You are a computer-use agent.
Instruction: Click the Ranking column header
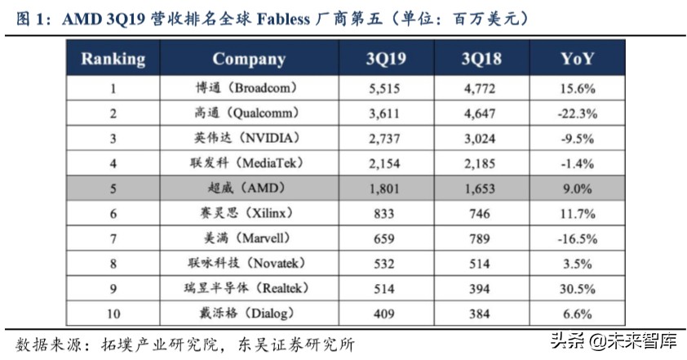click(113, 59)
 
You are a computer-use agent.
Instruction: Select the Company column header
click(249, 59)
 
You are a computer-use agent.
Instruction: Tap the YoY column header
click(577, 59)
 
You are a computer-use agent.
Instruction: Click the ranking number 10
click(113, 313)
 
